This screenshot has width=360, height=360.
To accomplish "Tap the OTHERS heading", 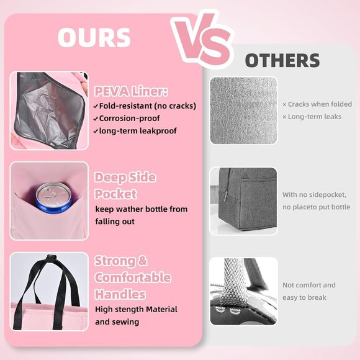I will click(x=282, y=61).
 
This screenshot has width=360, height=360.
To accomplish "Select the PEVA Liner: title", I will click(x=130, y=92).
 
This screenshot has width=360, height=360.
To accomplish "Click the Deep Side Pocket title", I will click(x=125, y=185).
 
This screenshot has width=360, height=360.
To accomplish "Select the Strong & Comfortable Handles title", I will click(x=132, y=277).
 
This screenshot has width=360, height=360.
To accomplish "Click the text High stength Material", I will click(x=136, y=309).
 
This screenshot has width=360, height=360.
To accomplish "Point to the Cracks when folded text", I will click(x=317, y=104).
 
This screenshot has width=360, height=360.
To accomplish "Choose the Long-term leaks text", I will click(x=312, y=117).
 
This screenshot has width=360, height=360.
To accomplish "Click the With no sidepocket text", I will click(x=314, y=194).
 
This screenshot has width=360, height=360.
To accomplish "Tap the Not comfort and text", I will click(x=308, y=285).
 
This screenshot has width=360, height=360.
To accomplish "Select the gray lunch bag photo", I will click(x=243, y=200).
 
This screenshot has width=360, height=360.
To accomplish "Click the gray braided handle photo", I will click(x=243, y=291).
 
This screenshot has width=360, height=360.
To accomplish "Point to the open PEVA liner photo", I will click(x=48, y=110).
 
